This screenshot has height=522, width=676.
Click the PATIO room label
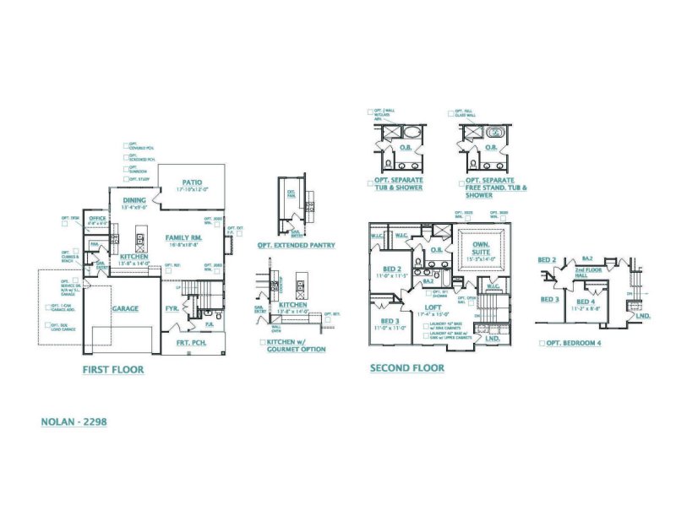(191, 182)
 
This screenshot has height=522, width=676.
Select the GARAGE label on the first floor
(124, 309)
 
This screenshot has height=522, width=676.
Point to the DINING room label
(135, 199)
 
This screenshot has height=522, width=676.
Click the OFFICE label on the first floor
(97, 219)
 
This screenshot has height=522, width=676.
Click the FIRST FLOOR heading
(112, 370)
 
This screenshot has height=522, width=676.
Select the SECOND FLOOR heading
(407, 368)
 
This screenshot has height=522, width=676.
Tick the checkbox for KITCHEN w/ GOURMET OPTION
(264, 342)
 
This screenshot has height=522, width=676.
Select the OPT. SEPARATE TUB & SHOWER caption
(400, 184)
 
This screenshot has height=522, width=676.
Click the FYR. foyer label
(172, 308)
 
